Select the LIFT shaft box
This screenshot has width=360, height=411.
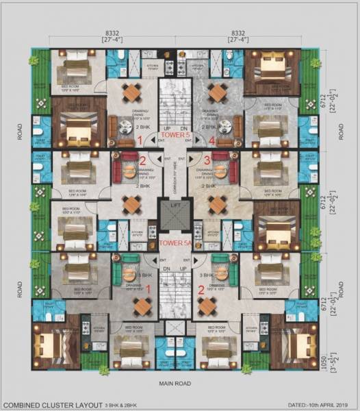[175, 215]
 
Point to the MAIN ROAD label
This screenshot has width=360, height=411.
[176, 385]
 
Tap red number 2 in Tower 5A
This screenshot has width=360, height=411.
[201, 290]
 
